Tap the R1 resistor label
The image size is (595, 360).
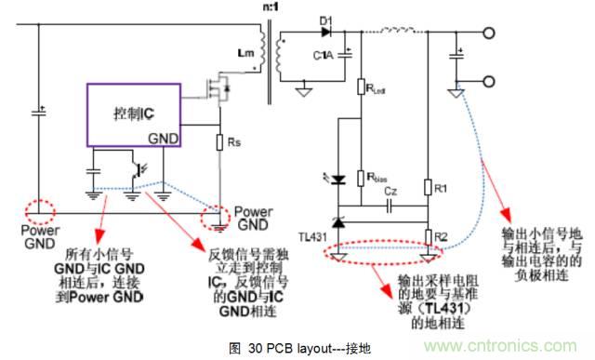[x=442, y=189]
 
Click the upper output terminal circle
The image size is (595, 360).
[x=487, y=34]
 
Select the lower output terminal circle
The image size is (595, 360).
[x=487, y=84]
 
